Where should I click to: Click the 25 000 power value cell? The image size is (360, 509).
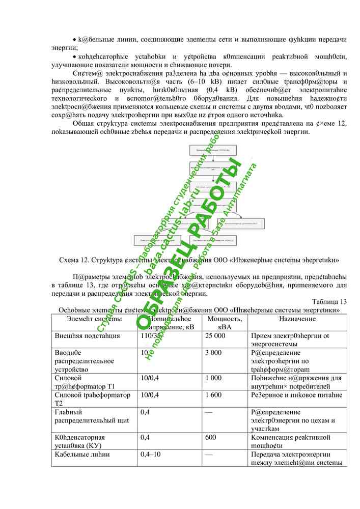215,336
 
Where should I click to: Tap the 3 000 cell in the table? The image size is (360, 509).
213,353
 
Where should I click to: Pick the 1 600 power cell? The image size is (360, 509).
213,395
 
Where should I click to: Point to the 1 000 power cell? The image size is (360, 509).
213,378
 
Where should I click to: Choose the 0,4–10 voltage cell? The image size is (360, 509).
150,454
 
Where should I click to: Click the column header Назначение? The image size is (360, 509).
297,319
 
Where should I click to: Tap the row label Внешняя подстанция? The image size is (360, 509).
87,336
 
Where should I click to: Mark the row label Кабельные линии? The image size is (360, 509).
82,454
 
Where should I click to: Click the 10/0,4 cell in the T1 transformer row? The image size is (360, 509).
149,378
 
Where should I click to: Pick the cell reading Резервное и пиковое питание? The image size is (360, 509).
296,395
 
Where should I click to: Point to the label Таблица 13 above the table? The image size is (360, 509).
329,301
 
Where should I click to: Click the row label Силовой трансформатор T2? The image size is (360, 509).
92,399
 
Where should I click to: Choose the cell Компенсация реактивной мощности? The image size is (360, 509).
290,441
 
